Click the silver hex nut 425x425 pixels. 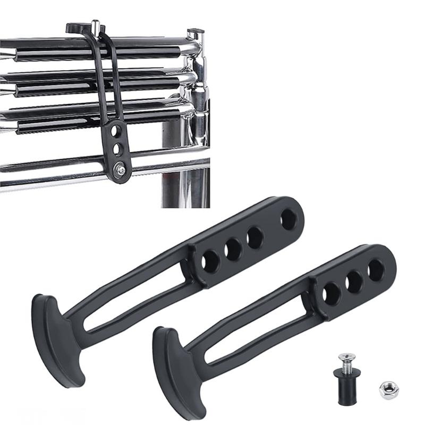(x=389, y=390)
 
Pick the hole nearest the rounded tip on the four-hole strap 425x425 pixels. (x=290, y=219)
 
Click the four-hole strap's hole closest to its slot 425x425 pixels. (x=211, y=261)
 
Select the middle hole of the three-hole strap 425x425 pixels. (x=354, y=282)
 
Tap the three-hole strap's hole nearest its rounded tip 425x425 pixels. (x=377, y=270)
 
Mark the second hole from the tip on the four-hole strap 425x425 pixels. (x=255, y=237)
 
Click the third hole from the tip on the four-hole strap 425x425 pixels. (x=233, y=249)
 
